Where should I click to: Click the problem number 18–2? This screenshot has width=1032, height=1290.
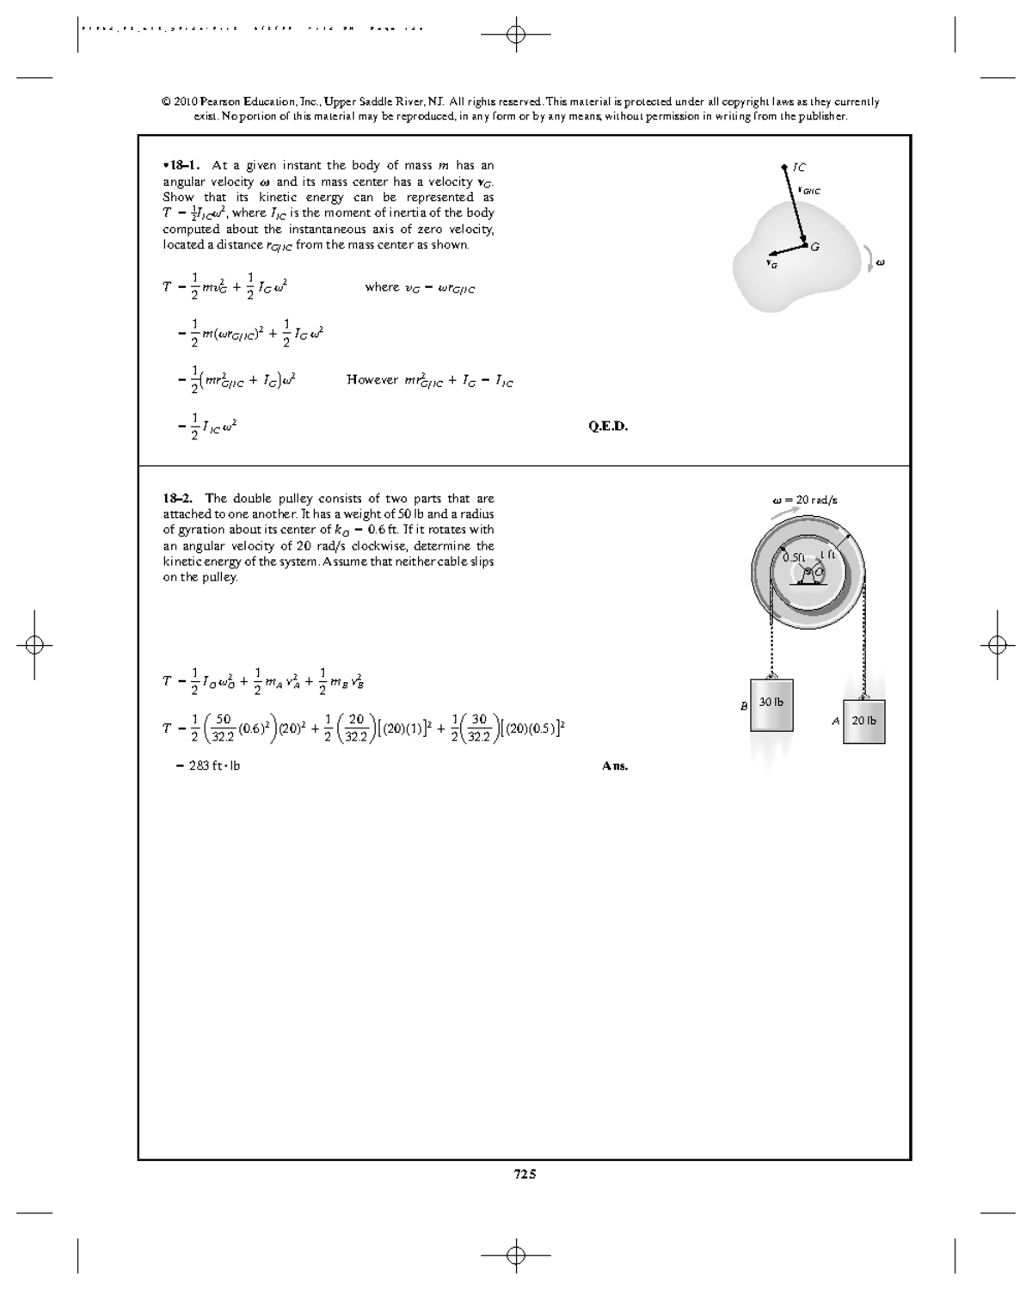point(178,498)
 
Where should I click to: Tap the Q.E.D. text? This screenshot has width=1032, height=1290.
point(608,427)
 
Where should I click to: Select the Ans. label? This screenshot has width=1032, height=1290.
point(615,766)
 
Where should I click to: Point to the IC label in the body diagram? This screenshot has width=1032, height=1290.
point(799,167)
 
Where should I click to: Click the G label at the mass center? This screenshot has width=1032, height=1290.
point(814,247)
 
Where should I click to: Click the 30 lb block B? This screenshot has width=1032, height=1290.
point(771,705)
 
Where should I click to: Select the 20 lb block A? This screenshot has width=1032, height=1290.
point(864,722)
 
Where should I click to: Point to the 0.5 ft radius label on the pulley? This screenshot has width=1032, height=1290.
point(793,557)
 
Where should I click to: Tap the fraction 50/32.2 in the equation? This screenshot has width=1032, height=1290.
point(223,728)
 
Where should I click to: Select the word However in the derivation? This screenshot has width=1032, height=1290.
point(372,379)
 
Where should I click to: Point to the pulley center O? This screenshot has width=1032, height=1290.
point(817,571)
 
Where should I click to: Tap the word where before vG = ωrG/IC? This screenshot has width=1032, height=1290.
point(382,287)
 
